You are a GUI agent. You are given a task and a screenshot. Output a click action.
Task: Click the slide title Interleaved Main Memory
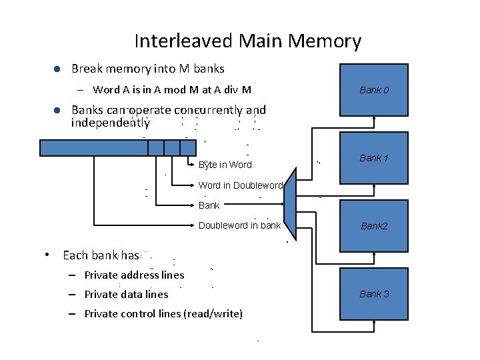tap(247, 41)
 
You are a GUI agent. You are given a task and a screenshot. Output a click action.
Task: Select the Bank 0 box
tap(374, 89)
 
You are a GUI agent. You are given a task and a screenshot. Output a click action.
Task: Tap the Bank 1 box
tap(374, 157)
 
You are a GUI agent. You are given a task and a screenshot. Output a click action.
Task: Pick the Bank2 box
tap(374, 226)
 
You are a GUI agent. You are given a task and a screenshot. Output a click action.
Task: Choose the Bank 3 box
tap(374, 293)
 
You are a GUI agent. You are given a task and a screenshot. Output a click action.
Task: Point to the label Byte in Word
tap(225, 165)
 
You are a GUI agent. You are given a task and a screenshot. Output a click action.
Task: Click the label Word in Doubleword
tap(241, 185)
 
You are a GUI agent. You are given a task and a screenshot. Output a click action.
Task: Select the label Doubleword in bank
tap(240, 225)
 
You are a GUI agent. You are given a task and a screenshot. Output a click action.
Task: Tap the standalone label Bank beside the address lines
tap(209, 205)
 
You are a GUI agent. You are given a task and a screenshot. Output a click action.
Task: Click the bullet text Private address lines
tap(134, 275)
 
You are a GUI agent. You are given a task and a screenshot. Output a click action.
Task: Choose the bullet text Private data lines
tap(126, 294)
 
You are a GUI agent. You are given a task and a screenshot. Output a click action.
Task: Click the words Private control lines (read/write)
tap(163, 313)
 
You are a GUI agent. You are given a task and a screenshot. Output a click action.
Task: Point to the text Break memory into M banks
tap(147, 69)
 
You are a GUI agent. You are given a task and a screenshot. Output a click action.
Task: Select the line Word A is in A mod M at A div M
tap(172, 89)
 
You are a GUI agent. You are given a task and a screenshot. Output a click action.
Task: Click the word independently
tap(110, 123)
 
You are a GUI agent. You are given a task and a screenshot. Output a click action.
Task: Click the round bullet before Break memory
tap(57, 69)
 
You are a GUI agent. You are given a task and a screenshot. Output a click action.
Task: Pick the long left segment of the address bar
tap(93, 147)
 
